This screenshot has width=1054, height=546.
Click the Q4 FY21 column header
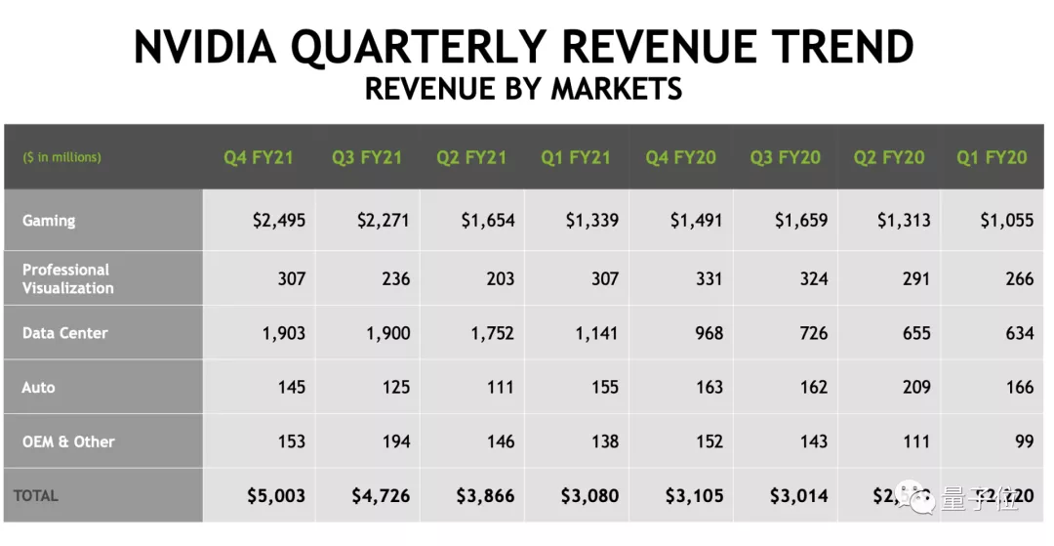tap(258, 157)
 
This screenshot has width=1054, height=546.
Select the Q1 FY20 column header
tap(992, 157)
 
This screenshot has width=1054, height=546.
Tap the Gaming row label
tap(49, 221)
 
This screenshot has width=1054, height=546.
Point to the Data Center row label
tap(65, 333)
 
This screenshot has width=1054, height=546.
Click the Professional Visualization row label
tap(68, 278)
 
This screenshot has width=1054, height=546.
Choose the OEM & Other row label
tap(68, 441)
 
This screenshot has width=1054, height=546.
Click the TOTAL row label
tap(36, 496)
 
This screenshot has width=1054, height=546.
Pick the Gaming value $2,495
tap(278, 221)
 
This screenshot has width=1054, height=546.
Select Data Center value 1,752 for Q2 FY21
tap(487, 333)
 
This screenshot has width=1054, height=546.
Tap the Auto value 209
tap(916, 388)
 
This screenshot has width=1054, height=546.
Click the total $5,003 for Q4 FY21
tap(276, 496)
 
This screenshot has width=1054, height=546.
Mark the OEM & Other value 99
tap(1024, 441)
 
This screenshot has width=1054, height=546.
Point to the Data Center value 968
tap(709, 333)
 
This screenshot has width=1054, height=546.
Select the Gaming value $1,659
tap(801, 221)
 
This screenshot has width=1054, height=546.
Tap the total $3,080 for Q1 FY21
tap(589, 496)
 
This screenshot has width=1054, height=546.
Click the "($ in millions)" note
tap(61, 157)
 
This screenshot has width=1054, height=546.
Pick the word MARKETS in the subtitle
tap(616, 89)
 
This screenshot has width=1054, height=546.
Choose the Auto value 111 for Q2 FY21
tap(500, 388)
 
